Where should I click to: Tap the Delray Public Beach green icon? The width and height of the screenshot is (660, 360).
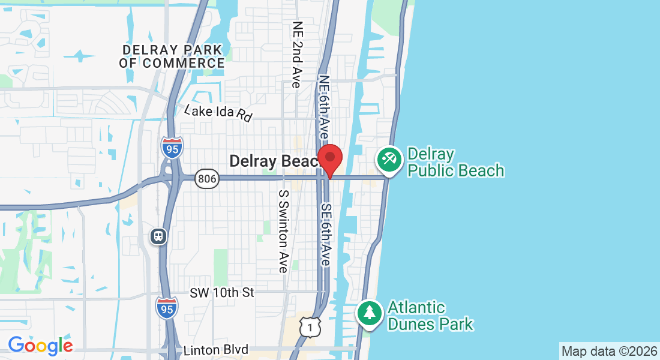(x=389, y=160)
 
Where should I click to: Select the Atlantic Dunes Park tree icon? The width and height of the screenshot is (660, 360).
(x=370, y=313)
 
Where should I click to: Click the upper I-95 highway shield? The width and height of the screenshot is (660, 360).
(x=172, y=148)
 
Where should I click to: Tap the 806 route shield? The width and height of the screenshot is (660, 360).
(x=206, y=179)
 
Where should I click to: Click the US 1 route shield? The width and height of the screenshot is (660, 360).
(x=310, y=327)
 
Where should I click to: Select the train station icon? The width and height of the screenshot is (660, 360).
(x=158, y=236)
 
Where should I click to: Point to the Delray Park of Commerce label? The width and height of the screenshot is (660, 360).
(x=172, y=56)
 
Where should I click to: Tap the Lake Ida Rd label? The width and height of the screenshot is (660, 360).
(x=218, y=112)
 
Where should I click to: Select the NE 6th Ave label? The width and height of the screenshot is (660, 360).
(x=324, y=108)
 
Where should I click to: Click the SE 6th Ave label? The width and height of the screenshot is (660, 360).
(x=326, y=235)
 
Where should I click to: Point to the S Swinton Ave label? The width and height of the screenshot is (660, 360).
(x=283, y=232)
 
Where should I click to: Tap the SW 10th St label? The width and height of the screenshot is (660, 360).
(x=222, y=293)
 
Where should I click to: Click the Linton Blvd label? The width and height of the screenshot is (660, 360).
(x=216, y=350)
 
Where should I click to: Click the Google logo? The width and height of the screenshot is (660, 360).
(x=40, y=346)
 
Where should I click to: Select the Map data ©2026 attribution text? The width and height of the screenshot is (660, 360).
(x=608, y=351)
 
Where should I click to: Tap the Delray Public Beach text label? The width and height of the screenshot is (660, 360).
(x=455, y=163)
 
